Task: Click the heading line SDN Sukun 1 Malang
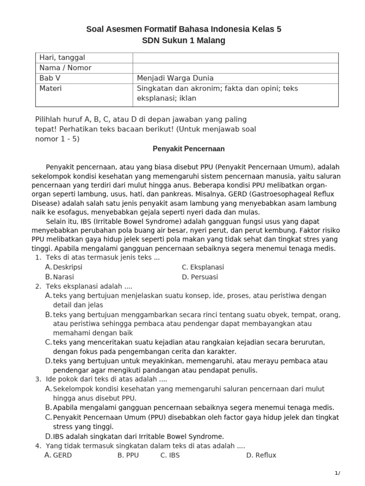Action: click(x=183, y=41)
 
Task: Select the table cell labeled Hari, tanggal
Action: click(x=62, y=57)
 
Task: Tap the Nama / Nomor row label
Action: click(x=66, y=68)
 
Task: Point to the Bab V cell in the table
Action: click(x=50, y=78)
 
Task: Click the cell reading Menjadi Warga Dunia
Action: click(x=175, y=78)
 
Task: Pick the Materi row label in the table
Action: click(x=51, y=88)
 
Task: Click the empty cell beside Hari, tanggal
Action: click(x=235, y=57)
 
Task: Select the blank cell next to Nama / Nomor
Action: click(x=235, y=68)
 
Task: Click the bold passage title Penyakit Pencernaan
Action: click(x=189, y=149)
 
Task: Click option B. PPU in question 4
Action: click(x=127, y=455)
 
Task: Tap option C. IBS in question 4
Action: click(x=170, y=455)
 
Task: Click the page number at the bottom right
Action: click(x=337, y=473)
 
